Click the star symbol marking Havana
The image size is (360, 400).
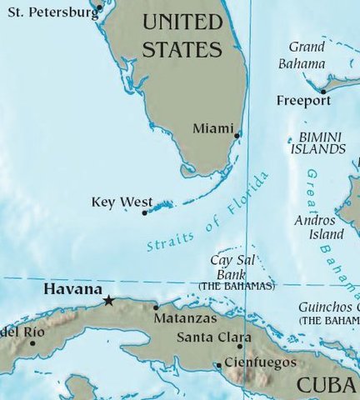(x=108, y=300)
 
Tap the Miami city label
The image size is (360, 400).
(x=208, y=128)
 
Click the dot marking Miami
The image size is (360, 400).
(x=237, y=135)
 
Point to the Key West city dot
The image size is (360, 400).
(x=145, y=213)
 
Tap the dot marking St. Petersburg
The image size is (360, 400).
(x=98, y=7)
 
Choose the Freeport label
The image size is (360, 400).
(x=303, y=101)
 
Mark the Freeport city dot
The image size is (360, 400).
(x=322, y=91)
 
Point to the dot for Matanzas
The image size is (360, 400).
(x=156, y=307)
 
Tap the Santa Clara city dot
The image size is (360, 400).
(x=240, y=347)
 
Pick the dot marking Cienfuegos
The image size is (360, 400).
(x=218, y=364)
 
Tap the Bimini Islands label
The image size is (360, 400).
(x=317, y=142)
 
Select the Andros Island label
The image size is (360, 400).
(x=314, y=227)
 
